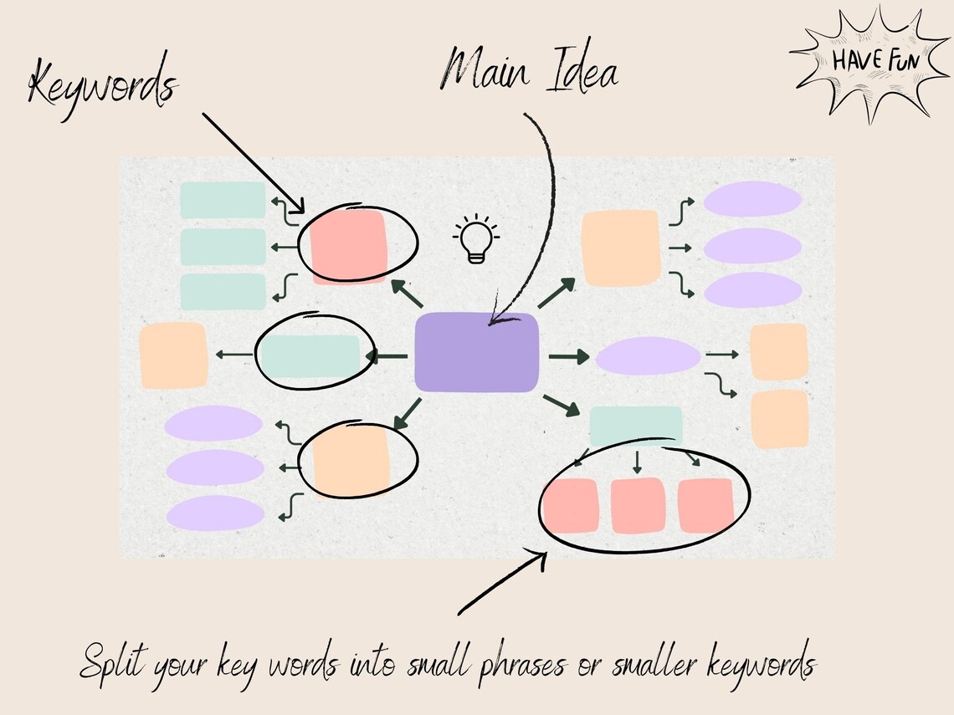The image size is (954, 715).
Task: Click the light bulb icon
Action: tap(475, 239)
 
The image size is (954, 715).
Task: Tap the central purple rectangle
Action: tap(477, 352)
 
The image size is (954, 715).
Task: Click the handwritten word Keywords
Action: tap(102, 87)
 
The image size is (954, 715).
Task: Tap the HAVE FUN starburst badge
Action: tap(863, 62)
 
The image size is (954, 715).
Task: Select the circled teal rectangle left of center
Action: tap(310, 355)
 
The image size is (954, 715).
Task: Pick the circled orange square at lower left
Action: tap(351, 461)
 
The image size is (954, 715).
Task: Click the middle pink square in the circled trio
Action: tap(639, 506)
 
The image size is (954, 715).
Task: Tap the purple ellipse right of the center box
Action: tap(648, 355)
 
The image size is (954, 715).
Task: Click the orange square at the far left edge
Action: tap(173, 355)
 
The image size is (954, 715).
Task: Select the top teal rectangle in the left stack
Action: tap(223, 201)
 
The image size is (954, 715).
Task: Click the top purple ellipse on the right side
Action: tap(752, 199)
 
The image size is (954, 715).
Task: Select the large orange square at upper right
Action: tap(621, 248)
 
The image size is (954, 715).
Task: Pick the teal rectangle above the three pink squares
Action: tap(636, 426)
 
